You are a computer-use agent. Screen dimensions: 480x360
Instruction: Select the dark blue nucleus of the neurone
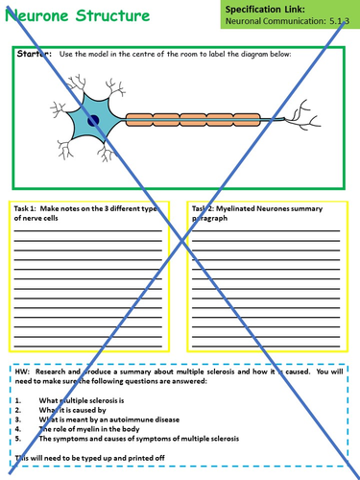pyautogui.click(x=93, y=119)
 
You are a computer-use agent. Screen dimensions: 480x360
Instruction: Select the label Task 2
pyautogui.click(x=206, y=208)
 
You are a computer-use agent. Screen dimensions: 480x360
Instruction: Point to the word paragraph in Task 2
pyautogui.click(x=212, y=219)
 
